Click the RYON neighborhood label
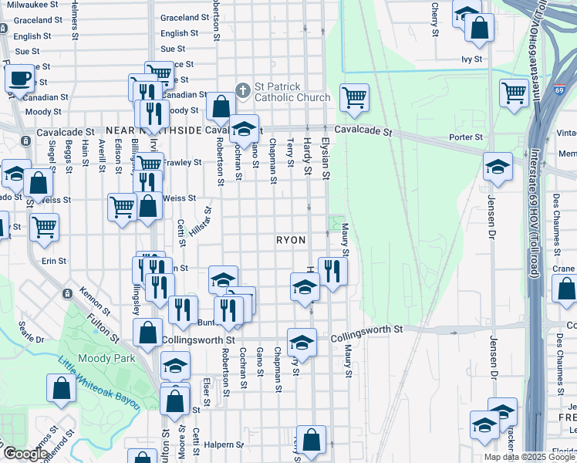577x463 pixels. (292, 241)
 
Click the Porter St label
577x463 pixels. (467, 137)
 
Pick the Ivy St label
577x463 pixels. (471, 59)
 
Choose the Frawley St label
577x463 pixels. (183, 163)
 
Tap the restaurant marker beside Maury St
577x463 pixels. (332, 271)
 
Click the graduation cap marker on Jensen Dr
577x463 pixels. (498, 166)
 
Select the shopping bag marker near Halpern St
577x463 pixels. (311, 441)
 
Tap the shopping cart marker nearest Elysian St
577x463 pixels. (354, 96)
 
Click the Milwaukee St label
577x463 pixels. (31, 4)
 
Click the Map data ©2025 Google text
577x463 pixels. (529, 457)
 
